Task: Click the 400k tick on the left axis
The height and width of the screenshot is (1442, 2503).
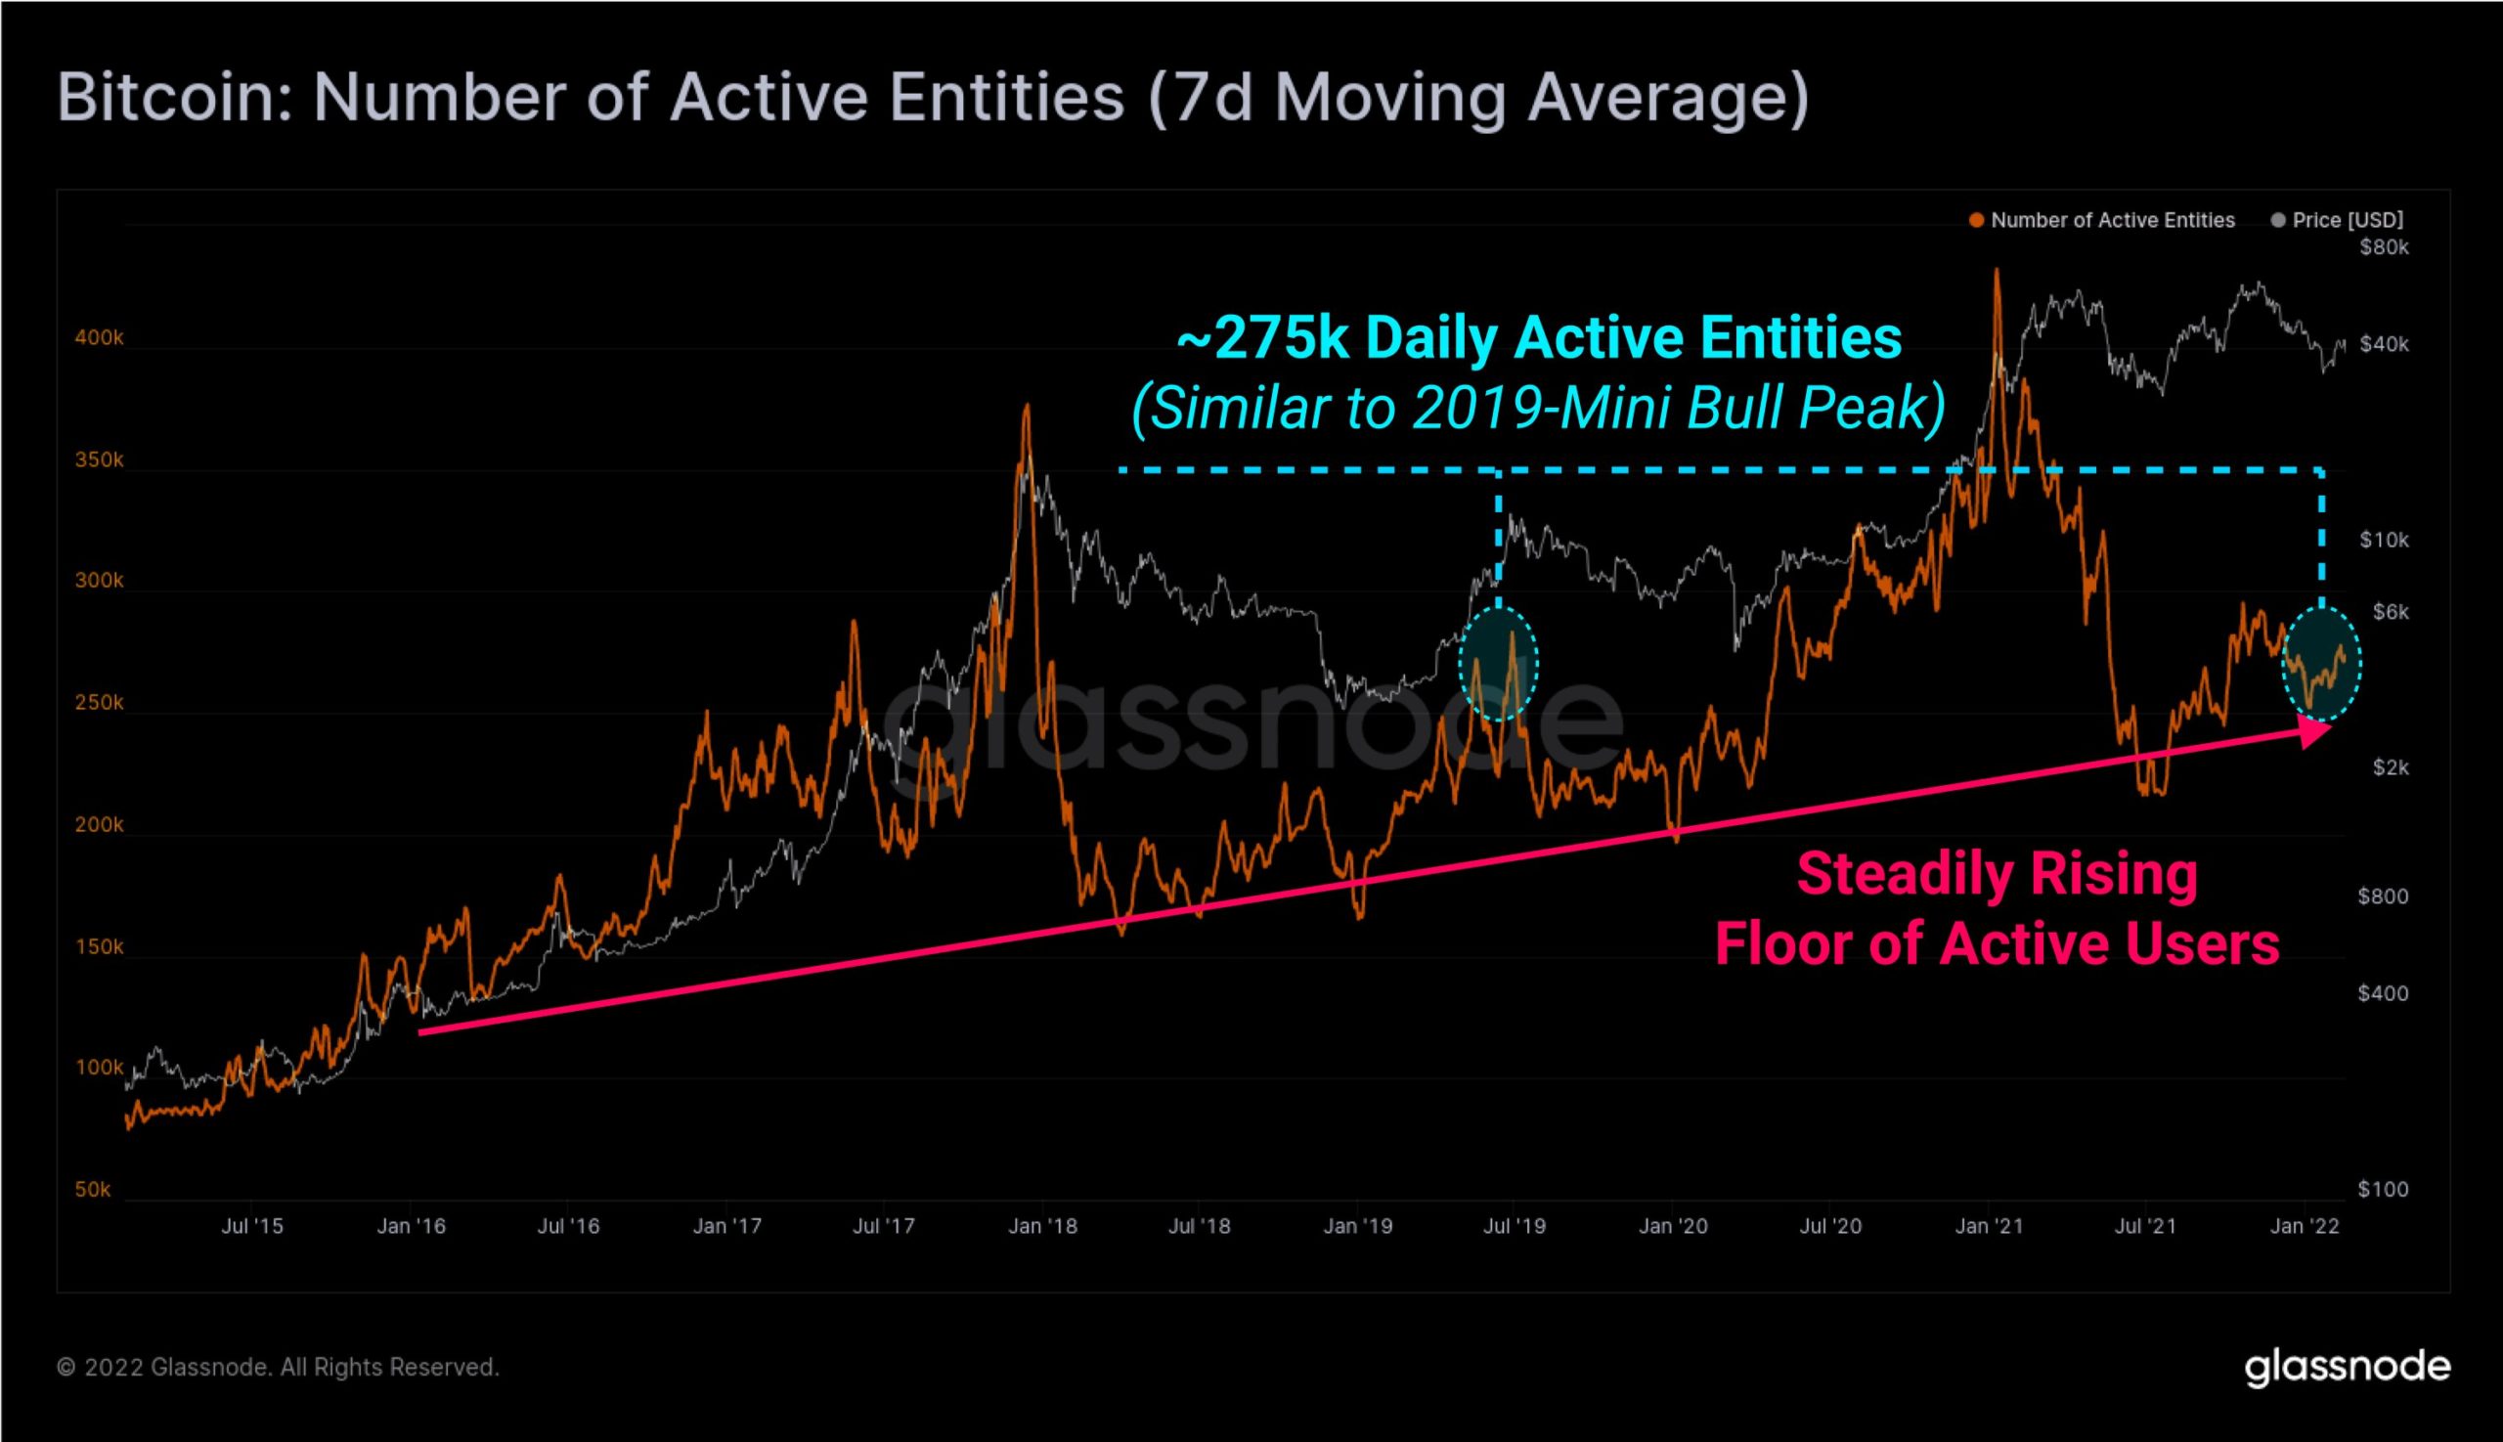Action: click(99, 337)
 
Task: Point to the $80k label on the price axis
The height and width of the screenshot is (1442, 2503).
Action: click(2383, 247)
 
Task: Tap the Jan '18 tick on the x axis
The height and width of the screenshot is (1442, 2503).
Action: click(1042, 1226)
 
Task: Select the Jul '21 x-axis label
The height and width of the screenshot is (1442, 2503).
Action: click(2145, 1226)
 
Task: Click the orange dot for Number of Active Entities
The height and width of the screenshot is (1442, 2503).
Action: click(1976, 221)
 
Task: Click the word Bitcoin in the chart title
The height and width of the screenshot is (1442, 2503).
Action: click(174, 97)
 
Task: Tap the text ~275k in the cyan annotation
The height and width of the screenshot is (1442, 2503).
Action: click(1263, 338)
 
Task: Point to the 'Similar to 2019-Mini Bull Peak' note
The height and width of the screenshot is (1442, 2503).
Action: click(1538, 407)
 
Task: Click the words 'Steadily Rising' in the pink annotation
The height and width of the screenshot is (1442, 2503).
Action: click(1997, 875)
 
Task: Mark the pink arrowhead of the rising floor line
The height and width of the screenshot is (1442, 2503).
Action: click(2314, 731)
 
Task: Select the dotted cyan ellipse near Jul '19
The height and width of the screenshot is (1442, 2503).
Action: click(1499, 664)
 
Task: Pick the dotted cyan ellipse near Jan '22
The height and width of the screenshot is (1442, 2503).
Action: click(2321, 664)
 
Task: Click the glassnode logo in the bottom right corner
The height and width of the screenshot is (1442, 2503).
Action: click(2347, 1367)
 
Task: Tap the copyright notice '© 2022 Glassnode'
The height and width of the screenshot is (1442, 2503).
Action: click(278, 1368)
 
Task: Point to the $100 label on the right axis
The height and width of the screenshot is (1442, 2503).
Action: click(2382, 1190)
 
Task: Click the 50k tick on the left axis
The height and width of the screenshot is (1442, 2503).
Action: click(93, 1190)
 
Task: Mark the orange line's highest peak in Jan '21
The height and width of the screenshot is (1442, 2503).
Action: click(1996, 270)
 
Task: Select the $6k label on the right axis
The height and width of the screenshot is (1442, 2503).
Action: click(2391, 612)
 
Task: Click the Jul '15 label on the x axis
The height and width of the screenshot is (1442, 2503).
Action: click(251, 1226)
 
